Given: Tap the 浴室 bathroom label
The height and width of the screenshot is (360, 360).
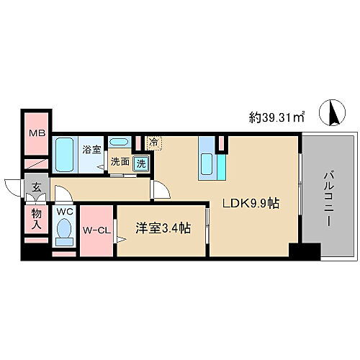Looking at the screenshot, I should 91,150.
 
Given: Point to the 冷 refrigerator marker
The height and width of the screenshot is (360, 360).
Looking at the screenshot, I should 154,142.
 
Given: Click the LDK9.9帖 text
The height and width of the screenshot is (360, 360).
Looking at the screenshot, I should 251,204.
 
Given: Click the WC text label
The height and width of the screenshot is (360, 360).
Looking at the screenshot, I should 63,212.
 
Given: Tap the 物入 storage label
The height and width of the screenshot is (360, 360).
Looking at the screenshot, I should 35,220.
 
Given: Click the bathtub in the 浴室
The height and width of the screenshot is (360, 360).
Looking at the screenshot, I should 67,155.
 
